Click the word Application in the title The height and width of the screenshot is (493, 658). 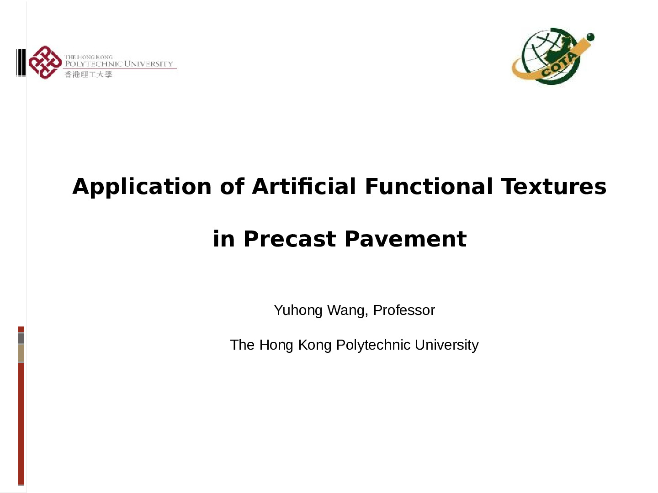(x=142, y=187)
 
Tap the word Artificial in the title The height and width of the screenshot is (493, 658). (x=304, y=186)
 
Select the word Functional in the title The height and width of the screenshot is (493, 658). (x=429, y=186)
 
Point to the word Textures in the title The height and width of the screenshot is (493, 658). (x=554, y=187)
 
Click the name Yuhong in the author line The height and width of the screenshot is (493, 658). (x=298, y=310)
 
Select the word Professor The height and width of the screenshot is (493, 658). (x=404, y=310)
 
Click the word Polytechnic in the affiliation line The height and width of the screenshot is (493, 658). (x=373, y=345)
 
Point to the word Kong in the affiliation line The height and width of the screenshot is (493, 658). (x=315, y=345)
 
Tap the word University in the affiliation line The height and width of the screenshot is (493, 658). (x=446, y=345)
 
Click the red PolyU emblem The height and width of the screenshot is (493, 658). (x=45, y=62)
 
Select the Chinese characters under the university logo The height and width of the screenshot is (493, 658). (x=88, y=74)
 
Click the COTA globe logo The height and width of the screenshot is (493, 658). (x=552, y=56)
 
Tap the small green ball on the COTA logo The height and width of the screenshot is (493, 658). (x=590, y=37)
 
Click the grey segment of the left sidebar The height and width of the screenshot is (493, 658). (x=21, y=338)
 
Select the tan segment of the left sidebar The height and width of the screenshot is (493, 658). (x=21, y=353)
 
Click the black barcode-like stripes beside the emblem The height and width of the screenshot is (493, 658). (x=21, y=62)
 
